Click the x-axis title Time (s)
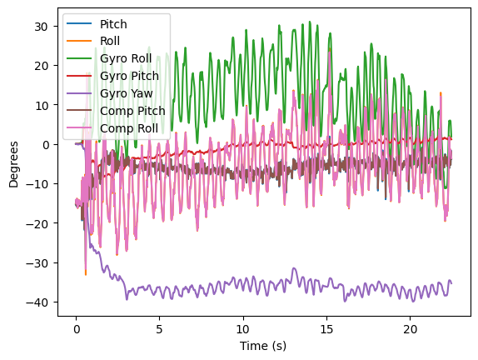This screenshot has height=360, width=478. (262, 345)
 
